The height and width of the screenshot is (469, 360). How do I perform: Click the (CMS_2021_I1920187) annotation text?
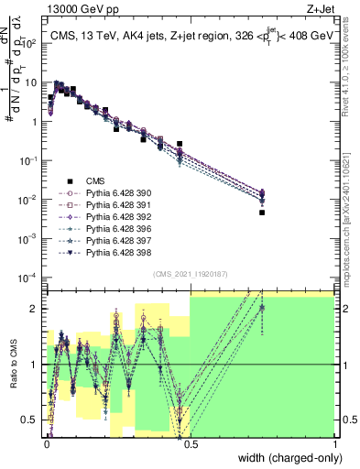[x=190, y=275]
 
